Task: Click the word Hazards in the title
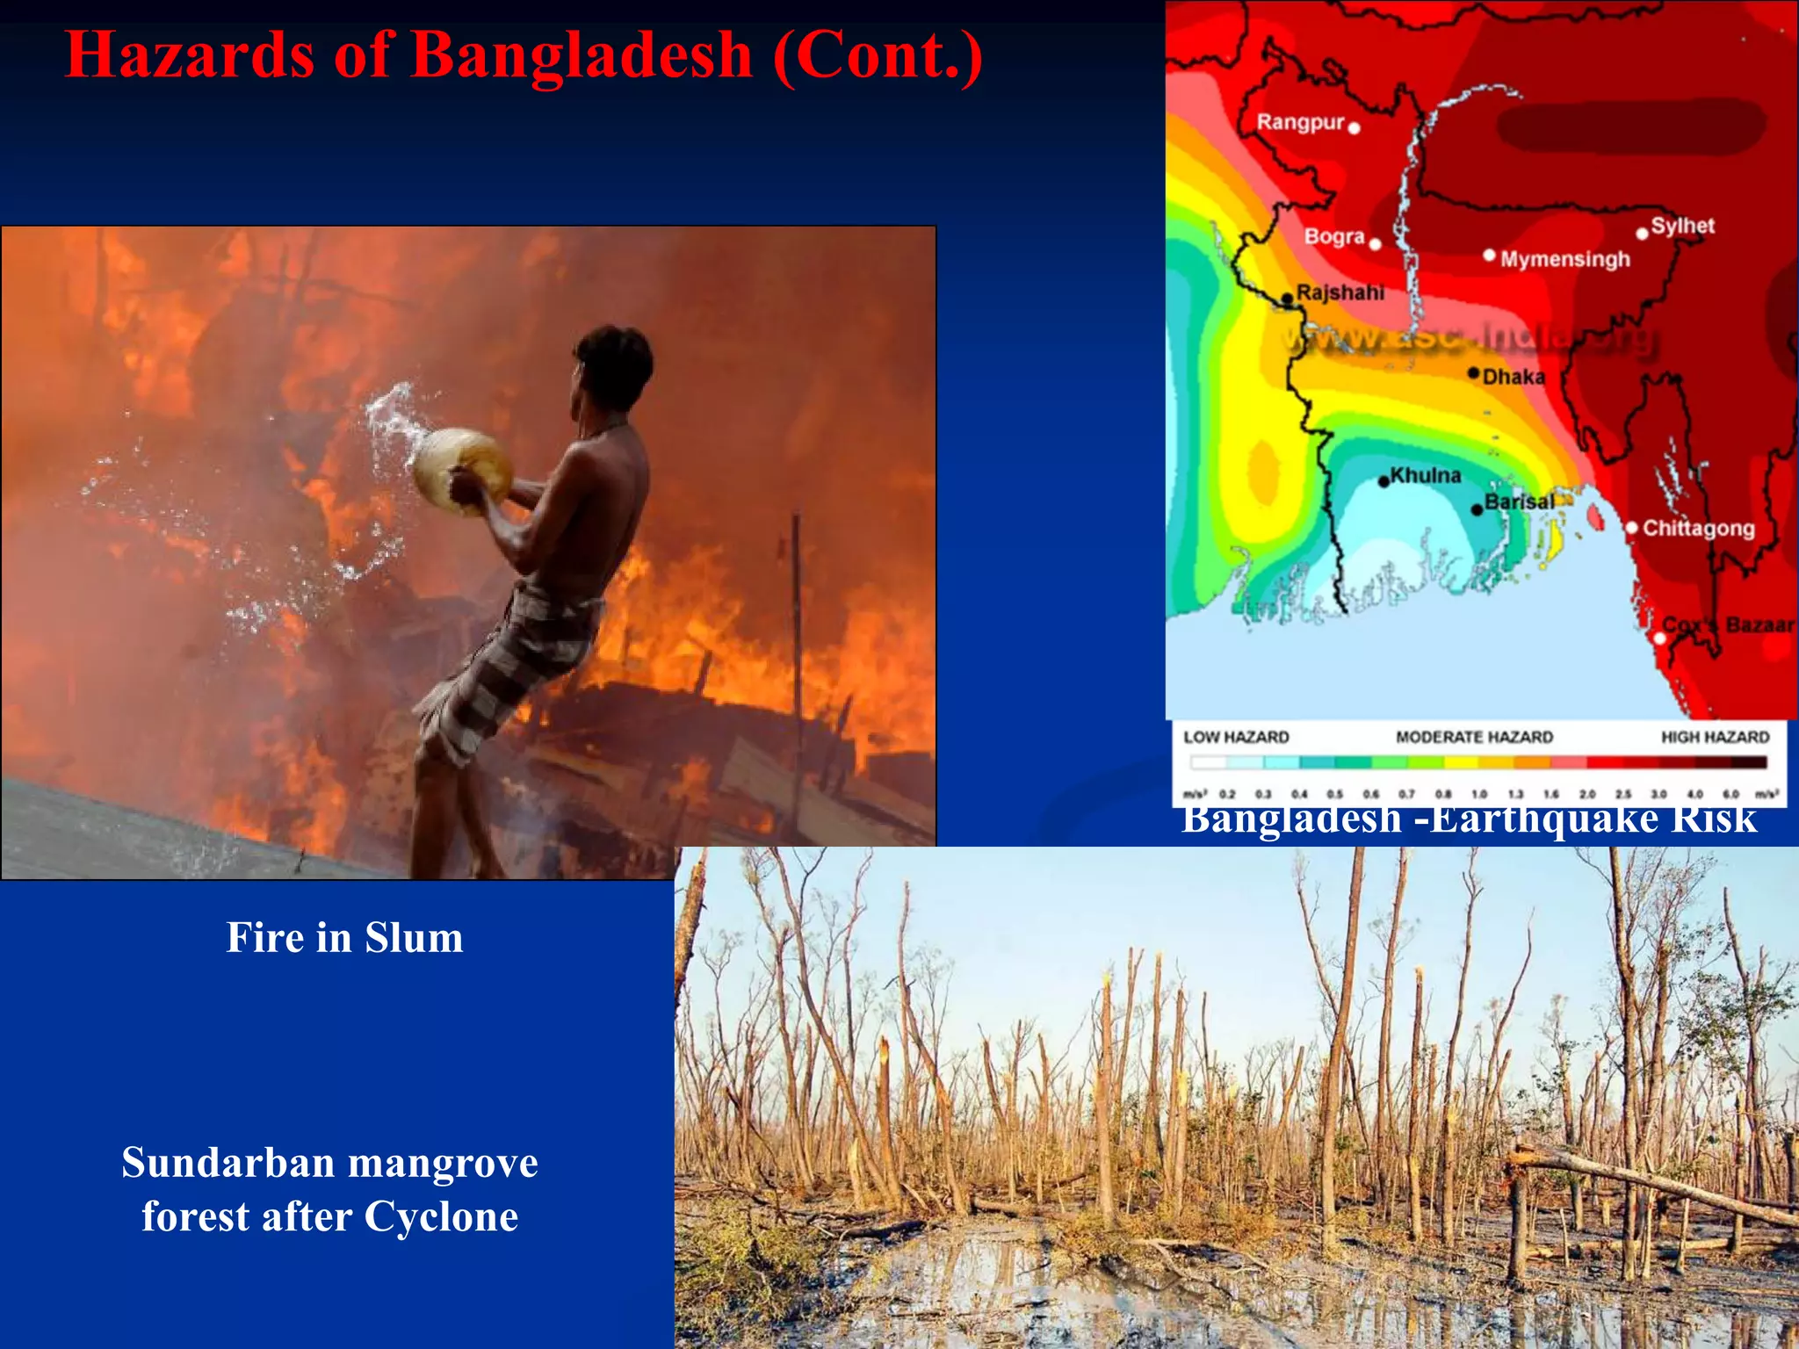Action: tap(190, 54)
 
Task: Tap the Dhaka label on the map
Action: tap(1513, 377)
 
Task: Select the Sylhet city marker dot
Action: tap(1642, 234)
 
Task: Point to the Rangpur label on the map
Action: tap(1300, 122)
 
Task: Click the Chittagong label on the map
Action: tap(1698, 528)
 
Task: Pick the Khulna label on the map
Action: tap(1425, 475)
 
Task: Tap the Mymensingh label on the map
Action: tap(1564, 259)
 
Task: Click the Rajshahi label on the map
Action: tap(1340, 292)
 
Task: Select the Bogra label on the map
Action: tap(1333, 236)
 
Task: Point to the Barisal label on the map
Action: tap(1519, 501)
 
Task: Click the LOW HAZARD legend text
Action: tap(1236, 737)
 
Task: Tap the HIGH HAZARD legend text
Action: tap(1715, 737)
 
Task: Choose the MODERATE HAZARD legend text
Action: tap(1474, 737)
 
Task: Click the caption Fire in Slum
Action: tap(344, 937)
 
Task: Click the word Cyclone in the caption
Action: tap(441, 1217)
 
